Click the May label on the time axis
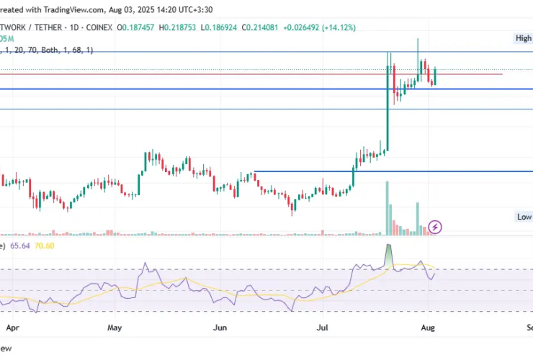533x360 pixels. (115, 326)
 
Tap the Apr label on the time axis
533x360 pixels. (12, 326)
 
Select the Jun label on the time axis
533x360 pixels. (220, 326)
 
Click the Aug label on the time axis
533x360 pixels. (427, 326)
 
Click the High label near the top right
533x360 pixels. (523, 38)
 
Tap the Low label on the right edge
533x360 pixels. (524, 217)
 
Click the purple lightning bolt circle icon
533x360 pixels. (435, 228)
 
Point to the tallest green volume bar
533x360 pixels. (388, 208)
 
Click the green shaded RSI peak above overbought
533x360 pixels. (389, 253)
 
